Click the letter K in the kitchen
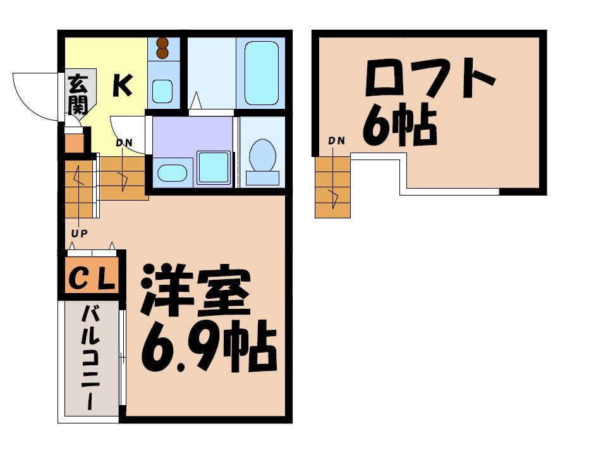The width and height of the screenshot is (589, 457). click(x=123, y=85)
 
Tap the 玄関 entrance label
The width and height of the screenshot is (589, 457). click(x=78, y=93)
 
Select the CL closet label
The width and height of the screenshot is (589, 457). click(x=91, y=278)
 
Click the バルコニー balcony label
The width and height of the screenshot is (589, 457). click(x=90, y=357)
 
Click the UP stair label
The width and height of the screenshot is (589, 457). click(x=79, y=233)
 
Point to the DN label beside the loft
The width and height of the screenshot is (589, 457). click(x=336, y=141)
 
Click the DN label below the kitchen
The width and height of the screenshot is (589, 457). click(x=124, y=142)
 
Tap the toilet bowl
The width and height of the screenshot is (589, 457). click(x=262, y=155)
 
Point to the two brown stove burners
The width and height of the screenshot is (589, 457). click(x=163, y=48)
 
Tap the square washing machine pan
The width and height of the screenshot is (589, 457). click(x=214, y=168)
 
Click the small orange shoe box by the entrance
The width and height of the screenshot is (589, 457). click(x=75, y=143)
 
